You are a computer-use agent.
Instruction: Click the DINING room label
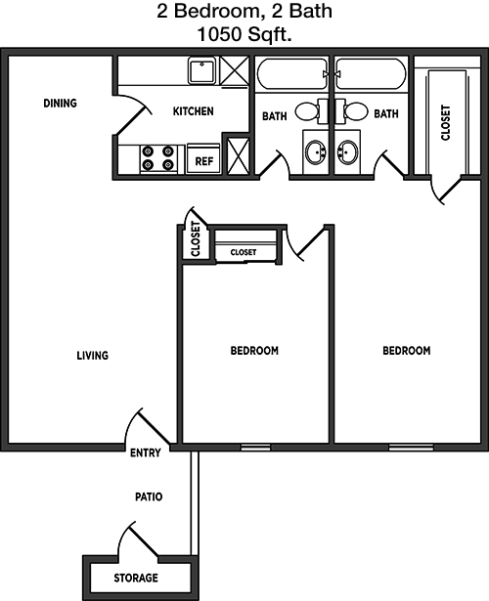click(x=60, y=104)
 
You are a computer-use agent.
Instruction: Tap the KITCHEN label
click(x=193, y=111)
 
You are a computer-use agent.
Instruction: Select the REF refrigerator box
click(x=203, y=158)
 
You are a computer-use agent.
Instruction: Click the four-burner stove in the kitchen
click(x=158, y=158)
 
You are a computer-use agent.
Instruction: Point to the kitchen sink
click(x=202, y=70)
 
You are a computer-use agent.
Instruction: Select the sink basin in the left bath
click(x=316, y=151)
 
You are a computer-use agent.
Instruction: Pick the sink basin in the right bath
click(x=347, y=151)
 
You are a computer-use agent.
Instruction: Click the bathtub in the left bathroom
click(x=291, y=74)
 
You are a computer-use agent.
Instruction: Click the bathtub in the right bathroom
click(x=371, y=74)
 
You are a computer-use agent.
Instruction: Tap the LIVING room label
click(x=93, y=356)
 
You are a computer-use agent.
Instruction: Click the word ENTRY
click(x=146, y=453)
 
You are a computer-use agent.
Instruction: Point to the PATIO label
click(x=149, y=496)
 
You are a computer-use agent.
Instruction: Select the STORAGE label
click(x=136, y=578)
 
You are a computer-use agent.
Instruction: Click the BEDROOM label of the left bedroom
click(x=254, y=351)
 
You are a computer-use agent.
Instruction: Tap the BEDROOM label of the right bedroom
click(x=407, y=351)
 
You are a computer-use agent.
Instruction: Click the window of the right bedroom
click(x=411, y=448)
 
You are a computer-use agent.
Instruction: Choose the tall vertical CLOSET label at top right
click(x=445, y=123)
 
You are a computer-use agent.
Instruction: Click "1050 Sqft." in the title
click(x=244, y=35)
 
